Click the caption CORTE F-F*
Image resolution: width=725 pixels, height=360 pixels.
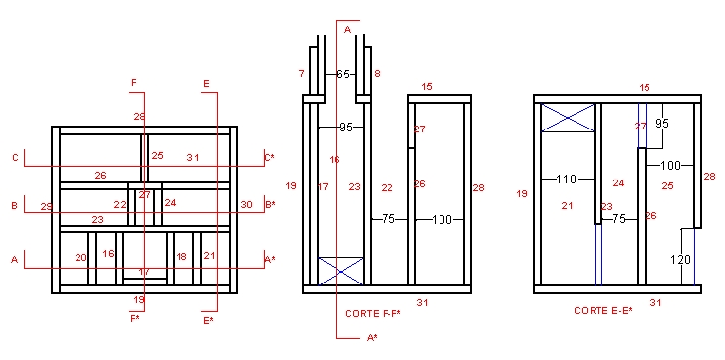click(373, 314)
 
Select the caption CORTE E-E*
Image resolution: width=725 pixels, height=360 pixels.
click(603, 311)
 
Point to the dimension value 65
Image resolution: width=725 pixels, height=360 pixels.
click(343, 74)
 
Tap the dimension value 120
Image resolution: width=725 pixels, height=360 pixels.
click(680, 260)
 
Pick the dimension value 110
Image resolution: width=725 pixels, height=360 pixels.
click(567, 179)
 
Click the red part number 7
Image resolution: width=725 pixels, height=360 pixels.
click(302, 73)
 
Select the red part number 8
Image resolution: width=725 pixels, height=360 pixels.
click(377, 73)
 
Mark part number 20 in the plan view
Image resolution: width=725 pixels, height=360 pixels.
click(80, 258)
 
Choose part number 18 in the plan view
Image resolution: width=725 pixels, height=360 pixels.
click(181, 256)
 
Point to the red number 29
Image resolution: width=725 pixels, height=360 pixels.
click(46, 207)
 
